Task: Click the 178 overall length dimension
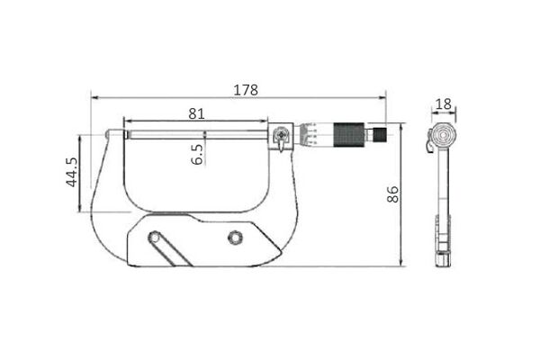click(x=246, y=90)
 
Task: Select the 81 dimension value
click(x=196, y=113)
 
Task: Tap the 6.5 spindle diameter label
click(x=197, y=154)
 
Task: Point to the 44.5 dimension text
click(x=72, y=172)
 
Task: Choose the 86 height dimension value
click(x=392, y=194)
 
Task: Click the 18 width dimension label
click(x=443, y=104)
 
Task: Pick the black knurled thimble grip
click(x=349, y=135)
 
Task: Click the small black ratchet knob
click(x=380, y=135)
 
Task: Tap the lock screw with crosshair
click(x=282, y=134)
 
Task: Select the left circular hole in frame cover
click(x=154, y=238)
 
